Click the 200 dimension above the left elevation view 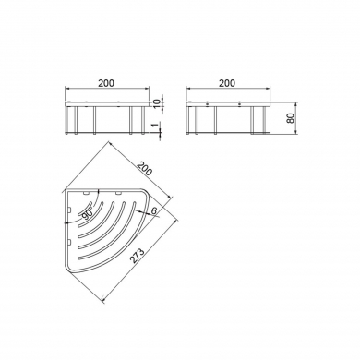point(106,83)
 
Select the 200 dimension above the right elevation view point(227,83)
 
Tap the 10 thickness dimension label point(157,103)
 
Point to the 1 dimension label point(156,125)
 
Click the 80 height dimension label point(291,118)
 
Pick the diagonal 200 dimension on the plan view point(144,168)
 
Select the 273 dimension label point(138,257)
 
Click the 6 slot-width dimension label point(154,210)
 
